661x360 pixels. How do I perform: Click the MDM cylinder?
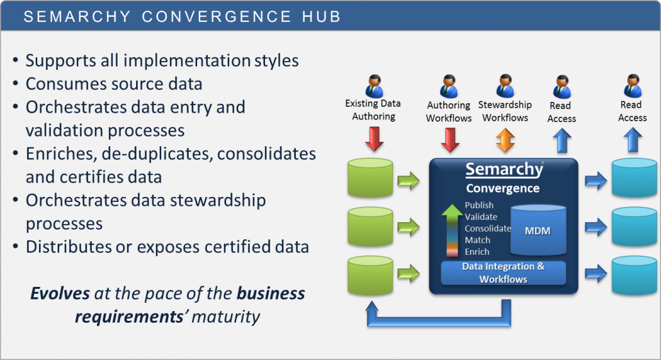tap(538, 230)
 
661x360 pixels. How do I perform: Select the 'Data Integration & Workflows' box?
tap(503, 273)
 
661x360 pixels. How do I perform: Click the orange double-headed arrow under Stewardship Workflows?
tap(505, 139)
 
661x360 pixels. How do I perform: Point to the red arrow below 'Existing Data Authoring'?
tap(373, 138)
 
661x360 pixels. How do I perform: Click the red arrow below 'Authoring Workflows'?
tap(450, 139)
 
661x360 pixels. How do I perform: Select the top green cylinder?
tap(369, 177)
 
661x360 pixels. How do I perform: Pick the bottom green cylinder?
tap(369, 275)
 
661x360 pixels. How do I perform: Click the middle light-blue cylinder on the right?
tap(633, 227)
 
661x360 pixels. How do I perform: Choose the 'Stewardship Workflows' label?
tap(505, 111)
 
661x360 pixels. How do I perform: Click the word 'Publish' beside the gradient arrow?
tap(479, 205)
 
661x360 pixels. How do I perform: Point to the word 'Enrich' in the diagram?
tap(477, 252)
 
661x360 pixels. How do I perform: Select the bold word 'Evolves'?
tap(60, 294)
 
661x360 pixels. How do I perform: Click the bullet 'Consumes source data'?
tap(114, 83)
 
